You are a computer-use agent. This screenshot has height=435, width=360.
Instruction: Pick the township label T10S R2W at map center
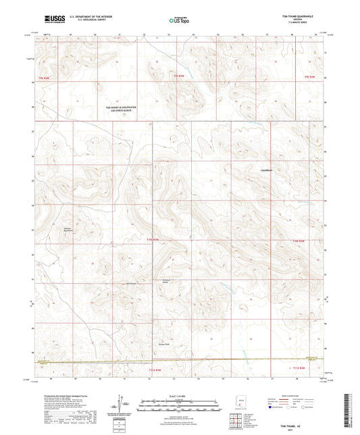click(155, 239)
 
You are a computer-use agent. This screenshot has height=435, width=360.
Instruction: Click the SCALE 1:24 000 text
click(180, 395)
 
